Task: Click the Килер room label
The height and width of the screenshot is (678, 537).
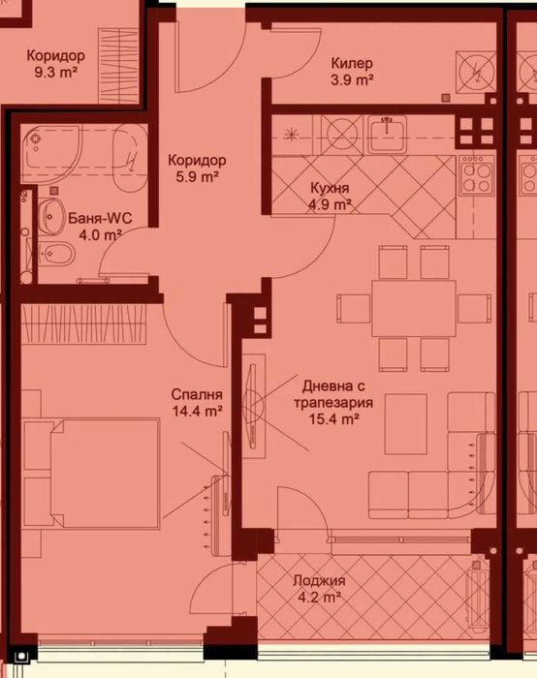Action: [351, 63]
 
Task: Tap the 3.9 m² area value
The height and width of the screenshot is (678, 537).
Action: [352, 80]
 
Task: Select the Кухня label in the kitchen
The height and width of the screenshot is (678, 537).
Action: [331, 188]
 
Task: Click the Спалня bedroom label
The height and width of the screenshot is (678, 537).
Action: [197, 394]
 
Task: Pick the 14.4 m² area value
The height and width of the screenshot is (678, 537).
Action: [197, 411]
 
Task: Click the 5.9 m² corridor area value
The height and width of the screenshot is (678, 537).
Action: [196, 177]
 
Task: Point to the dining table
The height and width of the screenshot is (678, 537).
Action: [413, 304]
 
